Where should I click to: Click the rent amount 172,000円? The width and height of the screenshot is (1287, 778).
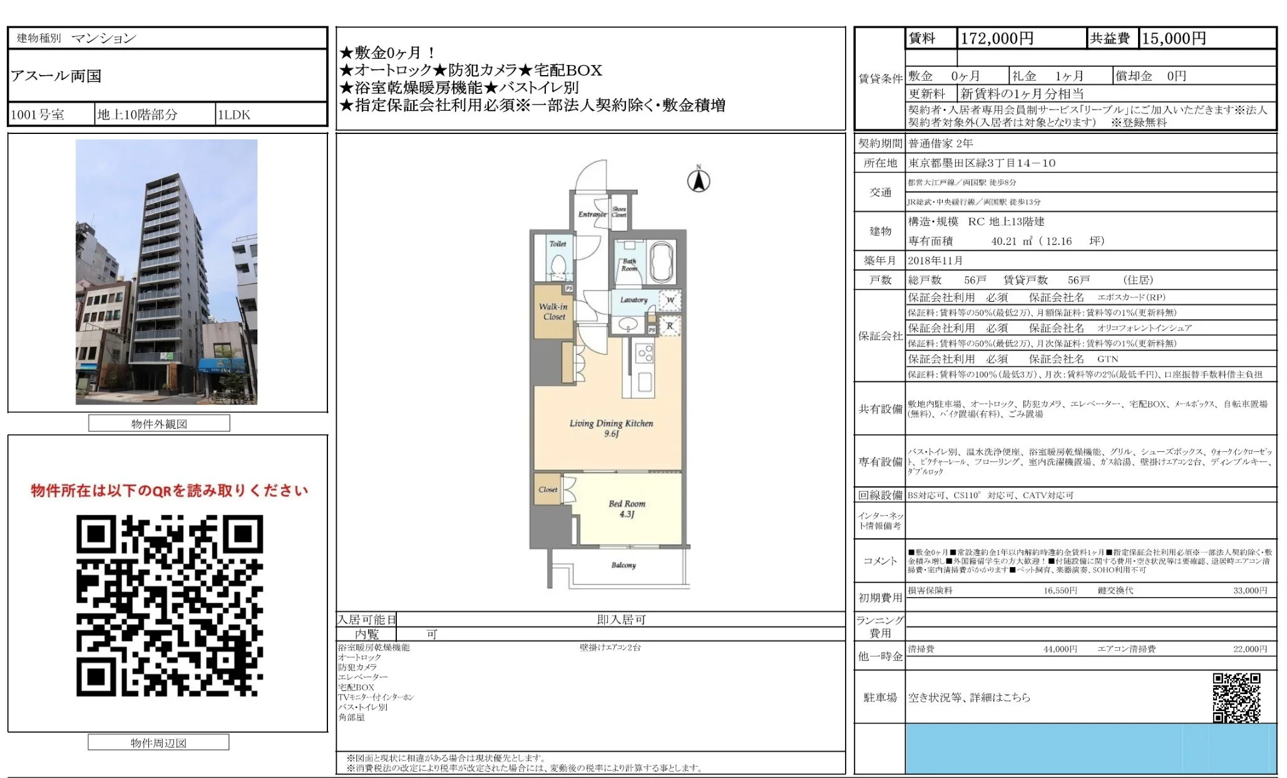click(x=997, y=39)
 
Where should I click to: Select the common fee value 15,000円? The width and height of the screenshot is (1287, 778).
click(x=1174, y=39)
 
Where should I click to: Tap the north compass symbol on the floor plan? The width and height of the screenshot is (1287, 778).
click(x=699, y=180)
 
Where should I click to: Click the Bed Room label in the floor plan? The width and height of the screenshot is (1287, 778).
click(x=627, y=508)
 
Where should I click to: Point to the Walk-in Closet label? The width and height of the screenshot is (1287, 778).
click(x=554, y=312)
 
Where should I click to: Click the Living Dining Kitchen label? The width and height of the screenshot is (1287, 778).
click(x=611, y=428)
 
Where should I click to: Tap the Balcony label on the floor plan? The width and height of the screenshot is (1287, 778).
click(x=623, y=565)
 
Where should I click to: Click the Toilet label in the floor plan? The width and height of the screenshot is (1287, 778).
click(x=558, y=244)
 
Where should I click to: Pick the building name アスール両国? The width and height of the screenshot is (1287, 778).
click(x=56, y=76)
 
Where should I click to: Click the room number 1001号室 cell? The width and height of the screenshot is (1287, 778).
click(x=38, y=115)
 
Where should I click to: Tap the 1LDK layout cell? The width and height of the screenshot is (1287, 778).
click(x=233, y=115)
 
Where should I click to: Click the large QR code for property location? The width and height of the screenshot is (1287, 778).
click(x=170, y=605)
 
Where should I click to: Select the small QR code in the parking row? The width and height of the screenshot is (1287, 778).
click(x=1236, y=697)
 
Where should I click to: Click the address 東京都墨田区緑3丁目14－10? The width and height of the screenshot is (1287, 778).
click(x=982, y=163)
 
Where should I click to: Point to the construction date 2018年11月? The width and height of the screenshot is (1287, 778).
click(x=935, y=260)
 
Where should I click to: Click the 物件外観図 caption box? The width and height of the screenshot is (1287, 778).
click(x=159, y=424)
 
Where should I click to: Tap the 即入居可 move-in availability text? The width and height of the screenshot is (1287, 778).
click(x=621, y=620)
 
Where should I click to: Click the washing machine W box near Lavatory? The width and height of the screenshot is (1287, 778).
click(x=670, y=300)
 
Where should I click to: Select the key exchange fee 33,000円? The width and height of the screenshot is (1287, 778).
click(x=1249, y=590)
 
